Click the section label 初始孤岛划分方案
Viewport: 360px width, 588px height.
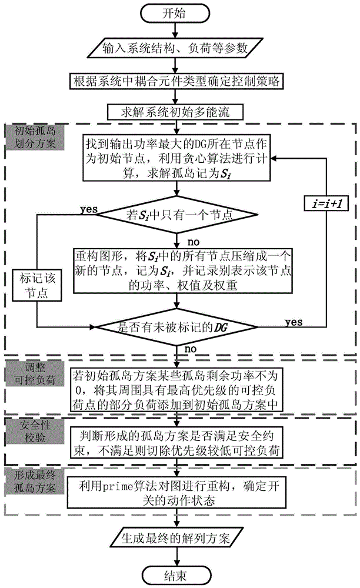click(34, 136)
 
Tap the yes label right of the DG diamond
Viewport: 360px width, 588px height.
click(294, 322)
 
